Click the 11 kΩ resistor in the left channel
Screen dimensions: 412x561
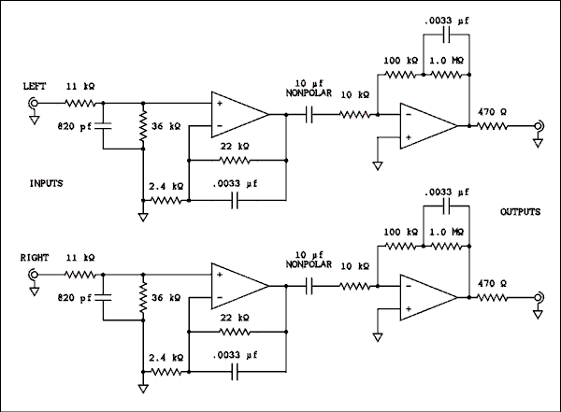79,105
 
